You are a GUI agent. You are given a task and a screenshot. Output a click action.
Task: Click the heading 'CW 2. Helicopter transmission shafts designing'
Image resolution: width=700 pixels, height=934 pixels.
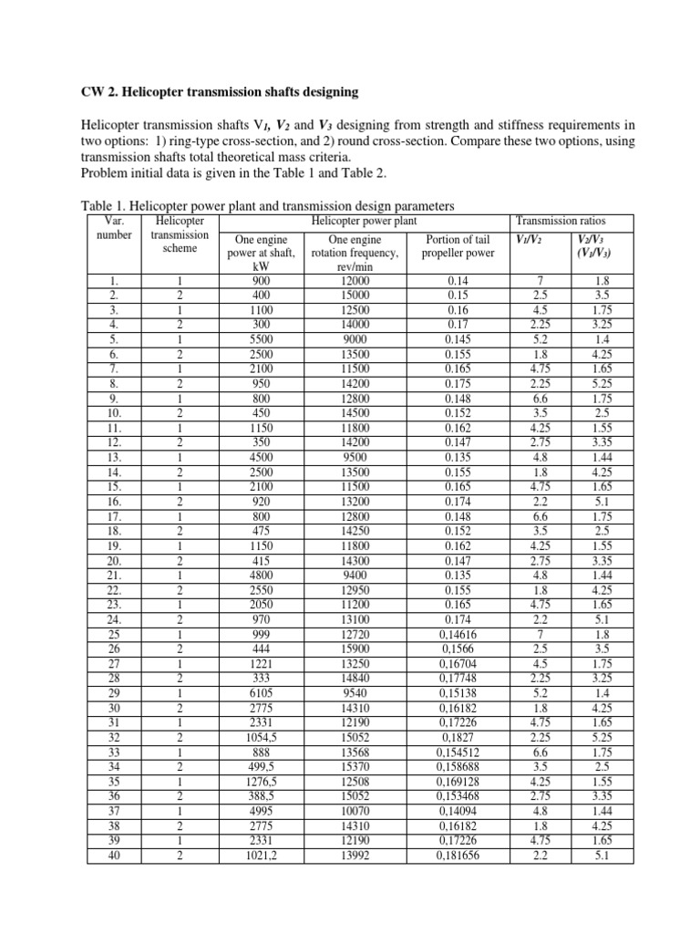click(214, 92)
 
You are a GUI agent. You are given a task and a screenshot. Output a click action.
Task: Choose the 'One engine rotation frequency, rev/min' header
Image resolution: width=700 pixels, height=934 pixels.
click(345, 254)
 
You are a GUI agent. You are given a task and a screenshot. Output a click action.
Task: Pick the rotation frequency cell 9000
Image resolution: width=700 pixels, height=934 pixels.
click(345, 337)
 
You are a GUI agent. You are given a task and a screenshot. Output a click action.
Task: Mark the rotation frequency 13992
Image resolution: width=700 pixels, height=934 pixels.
click(345, 856)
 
